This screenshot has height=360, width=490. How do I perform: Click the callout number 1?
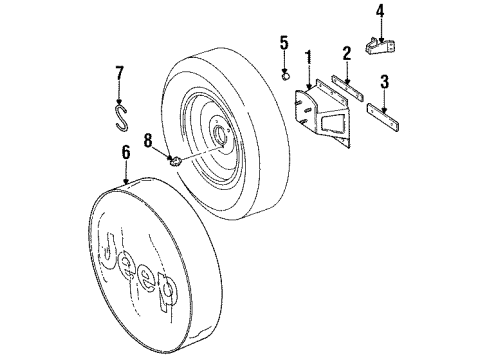[310, 57]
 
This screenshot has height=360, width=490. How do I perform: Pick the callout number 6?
[126, 153]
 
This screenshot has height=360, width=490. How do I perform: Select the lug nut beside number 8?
[174, 160]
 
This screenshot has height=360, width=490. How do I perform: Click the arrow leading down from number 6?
[126, 172]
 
